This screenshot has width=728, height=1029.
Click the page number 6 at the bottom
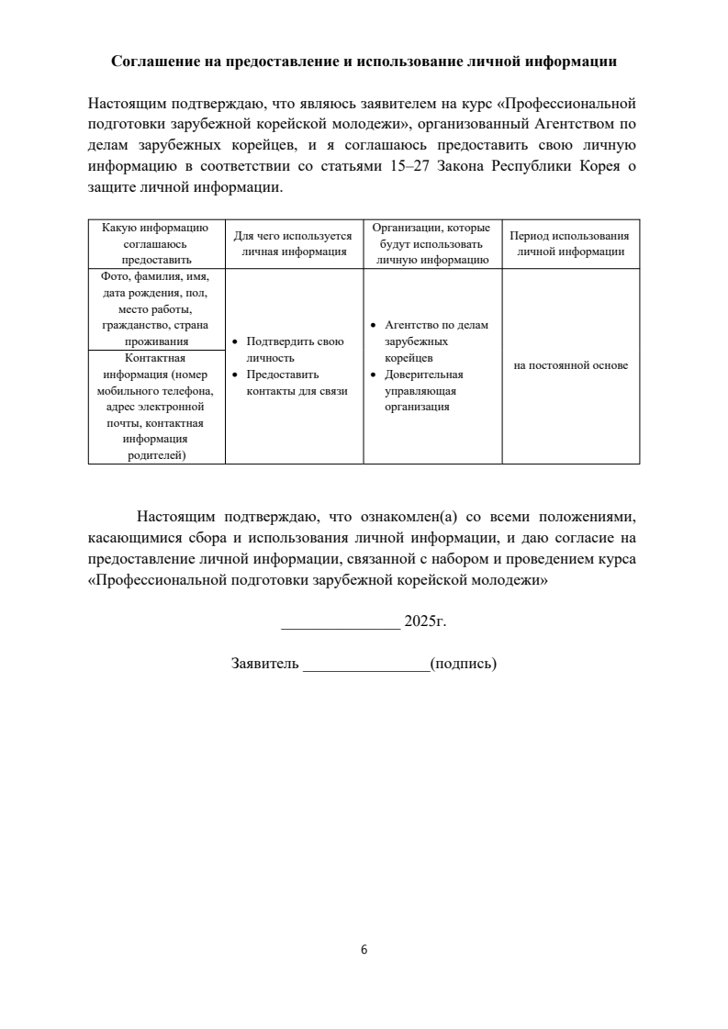(x=364, y=949)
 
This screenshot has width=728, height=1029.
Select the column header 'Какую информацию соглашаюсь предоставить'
(x=155, y=243)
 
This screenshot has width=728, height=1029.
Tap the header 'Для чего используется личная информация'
(x=293, y=243)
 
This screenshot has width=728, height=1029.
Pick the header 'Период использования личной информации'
(x=570, y=243)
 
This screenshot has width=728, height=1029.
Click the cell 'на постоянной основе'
(x=570, y=365)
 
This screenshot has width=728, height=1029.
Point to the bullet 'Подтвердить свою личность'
(x=295, y=350)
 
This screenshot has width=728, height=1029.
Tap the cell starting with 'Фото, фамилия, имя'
(x=155, y=308)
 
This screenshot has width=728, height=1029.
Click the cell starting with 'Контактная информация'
(x=155, y=407)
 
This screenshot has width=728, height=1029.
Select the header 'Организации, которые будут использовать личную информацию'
(x=431, y=243)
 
